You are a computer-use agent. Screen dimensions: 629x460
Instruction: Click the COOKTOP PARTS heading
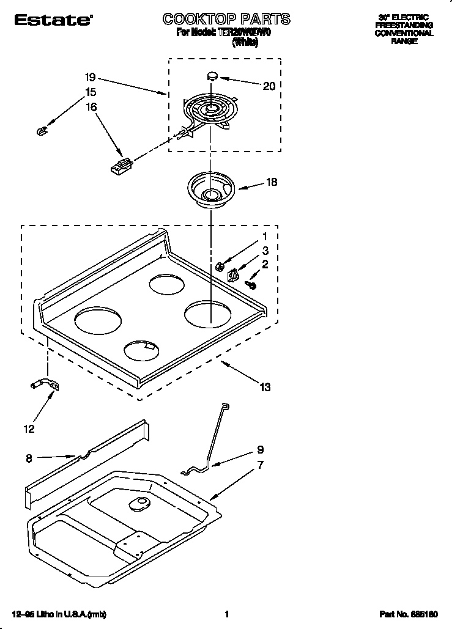(x=226, y=20)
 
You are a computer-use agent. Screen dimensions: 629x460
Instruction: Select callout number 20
(x=269, y=86)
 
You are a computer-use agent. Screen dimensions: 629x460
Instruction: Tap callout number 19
(x=90, y=78)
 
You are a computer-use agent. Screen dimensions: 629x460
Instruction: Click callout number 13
(x=264, y=387)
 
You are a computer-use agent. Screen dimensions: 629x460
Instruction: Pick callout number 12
(x=29, y=429)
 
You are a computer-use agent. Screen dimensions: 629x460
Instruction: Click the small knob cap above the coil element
(x=212, y=76)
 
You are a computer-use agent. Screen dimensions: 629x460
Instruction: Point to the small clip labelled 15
(x=42, y=129)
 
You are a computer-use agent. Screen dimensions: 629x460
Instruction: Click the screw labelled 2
(x=251, y=284)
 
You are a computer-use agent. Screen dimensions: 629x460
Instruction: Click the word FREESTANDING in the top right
(x=404, y=25)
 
